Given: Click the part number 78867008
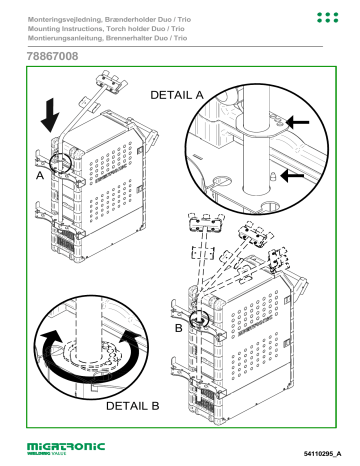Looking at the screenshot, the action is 53,56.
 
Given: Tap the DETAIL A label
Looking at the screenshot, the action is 177,95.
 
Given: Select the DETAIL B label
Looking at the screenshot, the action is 132,406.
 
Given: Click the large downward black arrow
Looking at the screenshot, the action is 50,115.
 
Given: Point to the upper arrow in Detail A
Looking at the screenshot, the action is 298,122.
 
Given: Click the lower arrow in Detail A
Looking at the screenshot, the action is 292,175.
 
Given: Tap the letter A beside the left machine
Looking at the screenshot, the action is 40,175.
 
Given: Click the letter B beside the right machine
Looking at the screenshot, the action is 179,328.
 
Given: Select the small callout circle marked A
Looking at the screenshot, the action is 60,163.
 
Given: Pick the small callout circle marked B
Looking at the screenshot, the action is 199,319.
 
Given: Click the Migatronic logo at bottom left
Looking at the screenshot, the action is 66,448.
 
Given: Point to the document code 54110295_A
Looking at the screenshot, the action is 322,453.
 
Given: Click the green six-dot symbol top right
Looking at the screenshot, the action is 328,18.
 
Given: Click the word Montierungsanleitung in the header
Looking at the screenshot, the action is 65,38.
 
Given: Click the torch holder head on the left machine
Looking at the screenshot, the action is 111,81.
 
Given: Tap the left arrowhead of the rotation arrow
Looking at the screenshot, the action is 51,337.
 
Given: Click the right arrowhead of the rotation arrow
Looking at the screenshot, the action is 131,337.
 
